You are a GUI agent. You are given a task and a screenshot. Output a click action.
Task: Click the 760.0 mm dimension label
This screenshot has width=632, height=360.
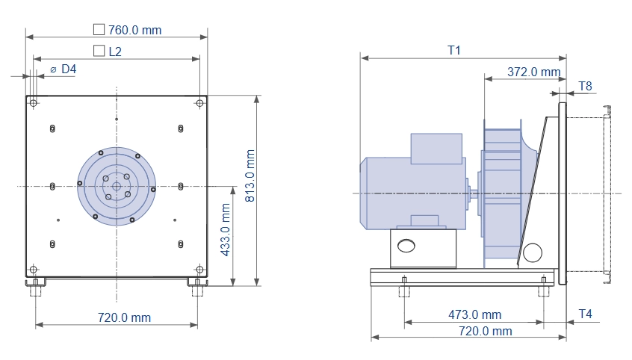[x=134, y=30]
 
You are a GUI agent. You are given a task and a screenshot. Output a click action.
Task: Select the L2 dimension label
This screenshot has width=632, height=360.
[x=115, y=52]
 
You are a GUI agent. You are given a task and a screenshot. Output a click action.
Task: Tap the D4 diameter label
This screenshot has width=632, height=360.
[x=69, y=69]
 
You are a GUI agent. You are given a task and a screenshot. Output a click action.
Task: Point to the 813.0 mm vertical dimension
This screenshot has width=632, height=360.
[x=250, y=176]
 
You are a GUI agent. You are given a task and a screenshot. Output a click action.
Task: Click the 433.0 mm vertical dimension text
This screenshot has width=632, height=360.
[x=226, y=229]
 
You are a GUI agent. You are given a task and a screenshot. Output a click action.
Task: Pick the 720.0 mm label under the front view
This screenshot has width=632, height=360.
[x=124, y=317]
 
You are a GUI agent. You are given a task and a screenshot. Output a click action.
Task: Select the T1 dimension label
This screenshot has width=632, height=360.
[x=454, y=50]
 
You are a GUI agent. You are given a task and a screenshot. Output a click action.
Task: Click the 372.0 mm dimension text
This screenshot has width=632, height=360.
[x=533, y=72]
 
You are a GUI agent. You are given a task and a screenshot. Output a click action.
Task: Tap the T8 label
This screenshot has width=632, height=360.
[x=585, y=87]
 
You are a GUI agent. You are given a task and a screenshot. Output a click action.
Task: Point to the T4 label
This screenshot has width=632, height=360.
[x=585, y=314]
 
